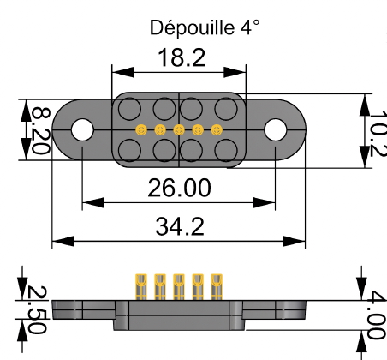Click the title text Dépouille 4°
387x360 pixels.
tap(205, 27)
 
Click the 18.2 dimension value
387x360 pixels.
tap(180, 59)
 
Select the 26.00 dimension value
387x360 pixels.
tap(181, 186)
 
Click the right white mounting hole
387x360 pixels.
tap(276, 129)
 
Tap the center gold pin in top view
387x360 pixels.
tap(179, 130)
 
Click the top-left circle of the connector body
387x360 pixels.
tap(129, 110)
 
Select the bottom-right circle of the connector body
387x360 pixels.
tap(227, 150)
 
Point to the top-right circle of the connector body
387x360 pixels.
tap(227, 110)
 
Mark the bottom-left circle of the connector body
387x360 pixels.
tap(129, 150)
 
